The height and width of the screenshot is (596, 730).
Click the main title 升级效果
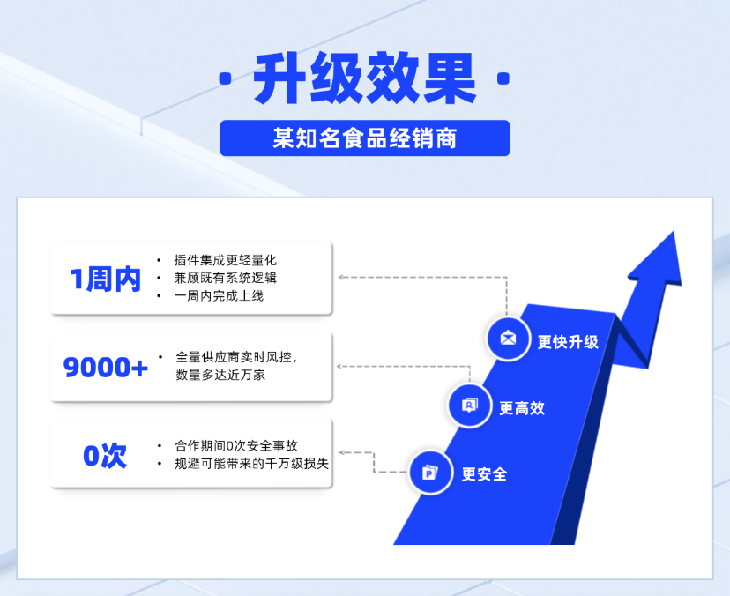364,78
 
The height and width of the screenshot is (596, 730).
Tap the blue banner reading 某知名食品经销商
364,138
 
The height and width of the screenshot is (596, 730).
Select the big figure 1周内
106,279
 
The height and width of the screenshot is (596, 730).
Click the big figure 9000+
106,367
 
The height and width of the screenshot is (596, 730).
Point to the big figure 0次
106,455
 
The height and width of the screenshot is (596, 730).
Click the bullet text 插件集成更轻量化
225,260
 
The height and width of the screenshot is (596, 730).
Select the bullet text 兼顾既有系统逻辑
225,278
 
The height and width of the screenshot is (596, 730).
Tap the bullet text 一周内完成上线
219,295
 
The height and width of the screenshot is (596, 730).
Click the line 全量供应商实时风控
236,357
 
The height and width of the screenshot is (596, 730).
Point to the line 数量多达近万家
220,375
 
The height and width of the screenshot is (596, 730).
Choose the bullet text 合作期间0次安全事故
242,446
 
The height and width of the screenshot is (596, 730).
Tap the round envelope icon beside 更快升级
508,339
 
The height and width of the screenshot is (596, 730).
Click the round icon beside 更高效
470,406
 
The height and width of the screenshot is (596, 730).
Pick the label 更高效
522,408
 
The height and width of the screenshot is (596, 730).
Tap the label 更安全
484,474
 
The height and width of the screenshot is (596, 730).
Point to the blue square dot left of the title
226,79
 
